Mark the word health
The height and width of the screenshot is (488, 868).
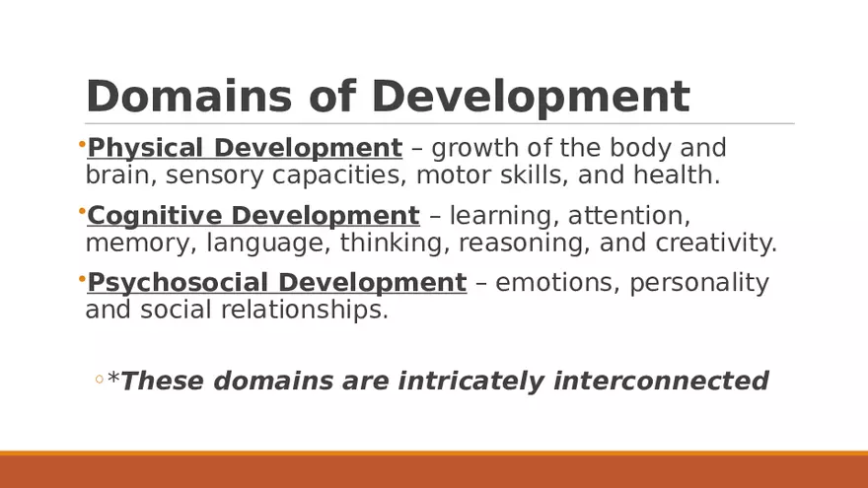click(x=681, y=175)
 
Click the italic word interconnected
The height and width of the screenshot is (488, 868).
click(x=661, y=381)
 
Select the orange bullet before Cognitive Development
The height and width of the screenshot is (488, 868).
click(x=81, y=212)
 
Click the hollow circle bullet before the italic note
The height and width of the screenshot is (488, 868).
click(x=100, y=380)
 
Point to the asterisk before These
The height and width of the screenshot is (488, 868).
click(x=113, y=378)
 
